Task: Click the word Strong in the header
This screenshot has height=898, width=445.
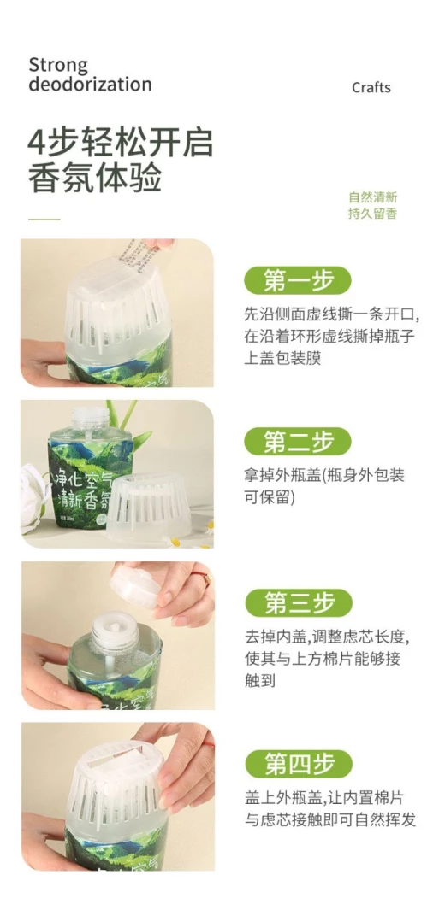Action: (58, 65)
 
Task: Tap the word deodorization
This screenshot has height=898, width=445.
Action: (90, 85)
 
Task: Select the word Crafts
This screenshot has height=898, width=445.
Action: (371, 88)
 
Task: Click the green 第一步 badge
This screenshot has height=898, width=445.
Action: (298, 280)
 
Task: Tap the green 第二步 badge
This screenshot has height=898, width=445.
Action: (298, 442)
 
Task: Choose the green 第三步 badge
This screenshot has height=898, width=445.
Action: (298, 603)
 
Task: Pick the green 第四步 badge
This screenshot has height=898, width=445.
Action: (298, 764)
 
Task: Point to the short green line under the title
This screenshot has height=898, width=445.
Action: (44, 220)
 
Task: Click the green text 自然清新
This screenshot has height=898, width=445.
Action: (373, 197)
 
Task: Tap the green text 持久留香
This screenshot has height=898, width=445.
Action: (373, 214)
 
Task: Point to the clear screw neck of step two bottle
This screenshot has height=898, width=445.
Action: (90, 420)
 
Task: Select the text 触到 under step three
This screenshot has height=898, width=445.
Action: (260, 681)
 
